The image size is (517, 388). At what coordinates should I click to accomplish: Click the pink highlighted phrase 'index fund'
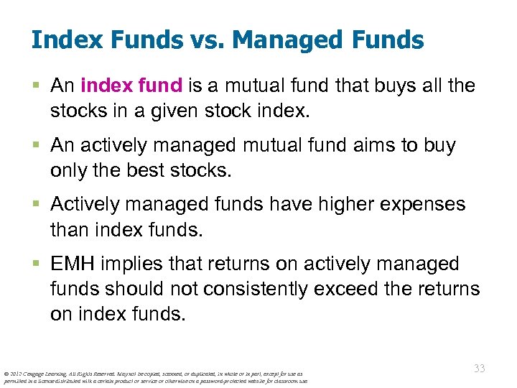click(131, 86)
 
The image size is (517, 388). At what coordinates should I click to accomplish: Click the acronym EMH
click(73, 264)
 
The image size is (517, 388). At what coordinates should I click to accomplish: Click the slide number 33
click(479, 369)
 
